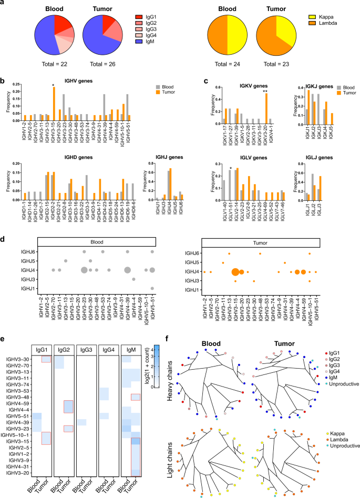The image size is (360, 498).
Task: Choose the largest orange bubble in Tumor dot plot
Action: tap(235, 272)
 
